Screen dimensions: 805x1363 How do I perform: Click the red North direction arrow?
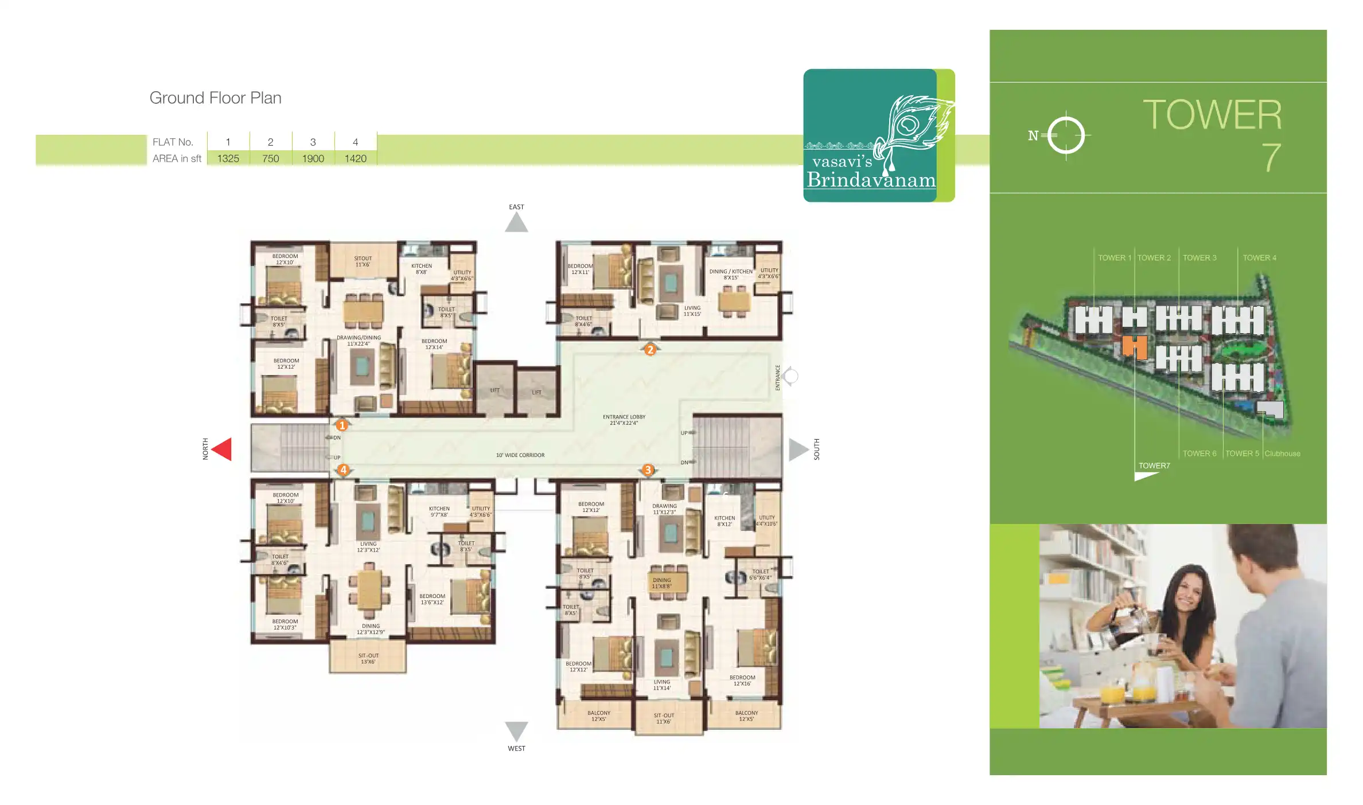[x=223, y=449]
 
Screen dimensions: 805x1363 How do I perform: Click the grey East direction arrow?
[x=516, y=223]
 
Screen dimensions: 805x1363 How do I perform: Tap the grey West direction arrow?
[x=516, y=730]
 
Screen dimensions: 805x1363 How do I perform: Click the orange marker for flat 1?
[x=342, y=425]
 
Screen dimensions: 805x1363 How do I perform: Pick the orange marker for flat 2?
[x=650, y=350]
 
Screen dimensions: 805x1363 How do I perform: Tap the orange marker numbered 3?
[x=648, y=470]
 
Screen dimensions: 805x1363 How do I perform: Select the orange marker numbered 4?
[x=343, y=470]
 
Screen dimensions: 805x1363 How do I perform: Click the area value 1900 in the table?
[x=313, y=159]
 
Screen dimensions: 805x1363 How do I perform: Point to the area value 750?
[x=270, y=159]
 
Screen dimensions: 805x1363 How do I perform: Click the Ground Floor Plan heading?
[x=215, y=98]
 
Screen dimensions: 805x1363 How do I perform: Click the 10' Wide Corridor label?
[x=520, y=455]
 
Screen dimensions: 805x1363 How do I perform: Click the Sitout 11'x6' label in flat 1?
[x=363, y=261]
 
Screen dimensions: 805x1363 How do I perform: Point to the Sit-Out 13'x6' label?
[x=368, y=658]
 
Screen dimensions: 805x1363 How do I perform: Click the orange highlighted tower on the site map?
[x=1134, y=347]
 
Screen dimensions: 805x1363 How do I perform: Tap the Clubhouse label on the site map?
[x=1282, y=454]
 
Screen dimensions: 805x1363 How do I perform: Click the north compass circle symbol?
[x=1066, y=136]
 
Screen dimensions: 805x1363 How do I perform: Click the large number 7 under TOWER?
[x=1271, y=158]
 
